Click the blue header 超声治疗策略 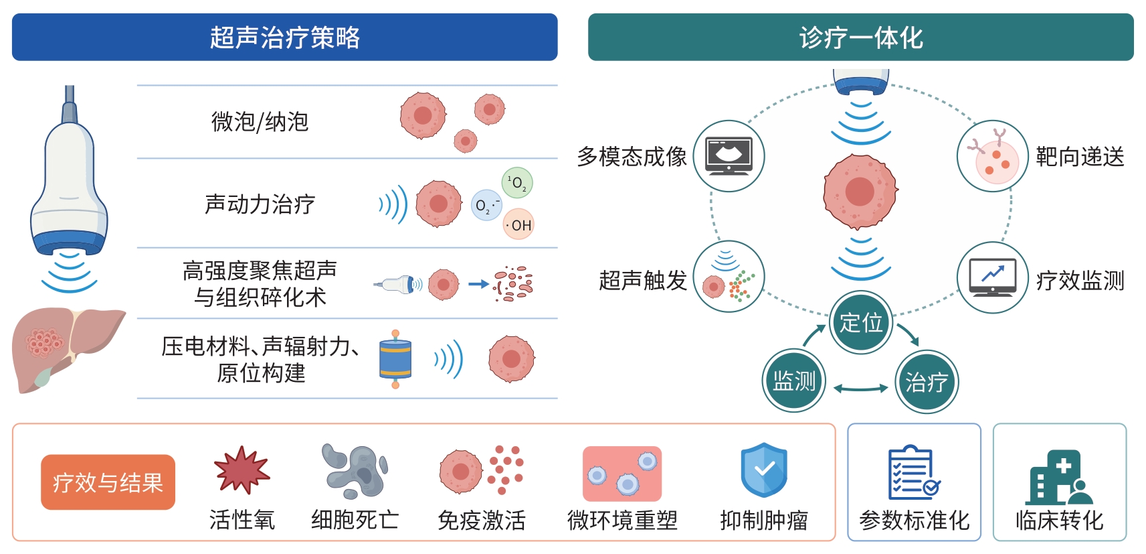tap(284, 37)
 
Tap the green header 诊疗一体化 tap(860, 37)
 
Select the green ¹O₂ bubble tap(517, 182)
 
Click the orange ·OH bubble tap(518, 224)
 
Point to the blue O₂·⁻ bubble tap(486, 205)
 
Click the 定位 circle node tap(861, 323)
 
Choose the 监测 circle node tap(794, 380)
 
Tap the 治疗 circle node tap(927, 382)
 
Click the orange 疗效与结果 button tap(108, 482)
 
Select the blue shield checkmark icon tap(764, 470)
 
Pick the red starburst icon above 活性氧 tap(242, 470)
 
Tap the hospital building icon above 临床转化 tap(1059, 477)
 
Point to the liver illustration tap(66, 348)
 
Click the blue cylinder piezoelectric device tap(395, 359)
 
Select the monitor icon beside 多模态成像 tap(729, 156)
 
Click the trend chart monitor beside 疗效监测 tap(993, 278)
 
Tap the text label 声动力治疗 tap(260, 204)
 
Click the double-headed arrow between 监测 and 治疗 tap(860, 389)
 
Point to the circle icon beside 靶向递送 tap(993, 156)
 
